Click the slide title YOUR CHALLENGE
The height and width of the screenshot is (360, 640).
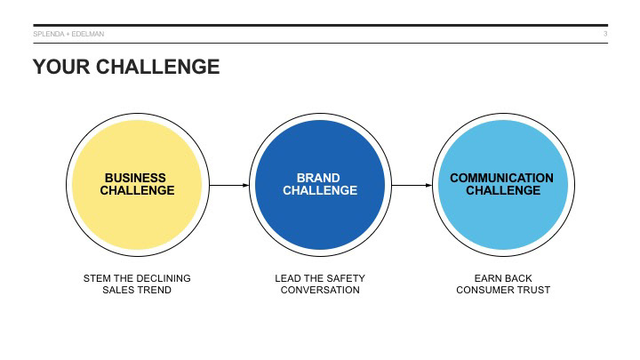125,67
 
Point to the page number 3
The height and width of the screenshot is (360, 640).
605,35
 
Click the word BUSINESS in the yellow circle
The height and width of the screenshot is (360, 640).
136,178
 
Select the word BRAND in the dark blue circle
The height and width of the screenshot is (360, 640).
319,178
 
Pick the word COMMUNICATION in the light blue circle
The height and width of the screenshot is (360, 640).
501,178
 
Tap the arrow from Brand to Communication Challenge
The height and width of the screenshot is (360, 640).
411,185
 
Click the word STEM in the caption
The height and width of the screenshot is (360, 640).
96,278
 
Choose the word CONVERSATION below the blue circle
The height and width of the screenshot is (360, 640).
320,290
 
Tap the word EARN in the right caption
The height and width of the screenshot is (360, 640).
487,278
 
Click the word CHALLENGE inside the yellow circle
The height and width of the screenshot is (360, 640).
137,191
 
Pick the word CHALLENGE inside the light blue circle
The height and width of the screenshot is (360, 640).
502,191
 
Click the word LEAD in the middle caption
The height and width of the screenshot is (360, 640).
288,278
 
